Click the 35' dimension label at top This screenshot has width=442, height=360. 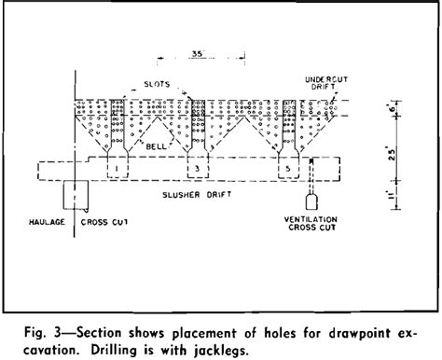pyautogui.click(x=197, y=55)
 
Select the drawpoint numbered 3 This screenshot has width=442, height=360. pyautogui.click(x=197, y=169)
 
